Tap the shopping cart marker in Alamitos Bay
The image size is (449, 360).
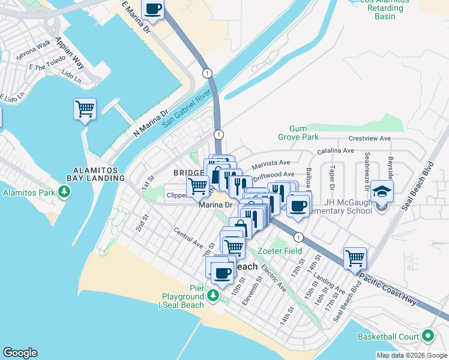point(85,109)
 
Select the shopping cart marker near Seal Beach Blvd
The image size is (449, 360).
point(355,258)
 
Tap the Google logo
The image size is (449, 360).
point(20,353)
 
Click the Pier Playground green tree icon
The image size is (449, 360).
point(212,296)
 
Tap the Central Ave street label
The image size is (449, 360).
point(188,237)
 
